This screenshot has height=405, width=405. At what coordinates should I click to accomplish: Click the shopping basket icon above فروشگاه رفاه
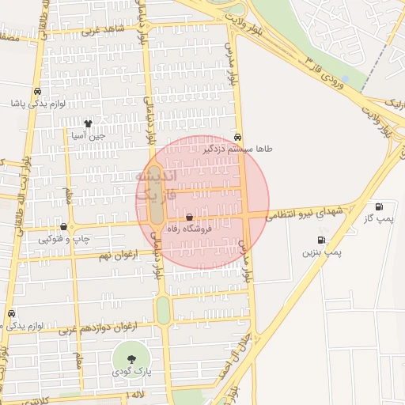click(x=189, y=217)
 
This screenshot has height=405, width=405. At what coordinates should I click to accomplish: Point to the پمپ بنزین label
click(x=322, y=252)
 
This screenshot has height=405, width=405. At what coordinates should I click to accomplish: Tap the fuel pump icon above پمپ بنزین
click(x=321, y=240)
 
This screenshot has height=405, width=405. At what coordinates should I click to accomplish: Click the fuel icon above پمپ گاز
click(x=380, y=206)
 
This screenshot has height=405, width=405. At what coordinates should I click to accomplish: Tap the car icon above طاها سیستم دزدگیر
click(x=237, y=136)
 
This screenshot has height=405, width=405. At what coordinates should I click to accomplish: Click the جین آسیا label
click(x=88, y=135)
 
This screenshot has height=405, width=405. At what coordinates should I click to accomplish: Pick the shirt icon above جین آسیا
click(x=88, y=123)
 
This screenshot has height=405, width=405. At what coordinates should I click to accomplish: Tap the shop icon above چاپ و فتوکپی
click(x=64, y=226)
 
